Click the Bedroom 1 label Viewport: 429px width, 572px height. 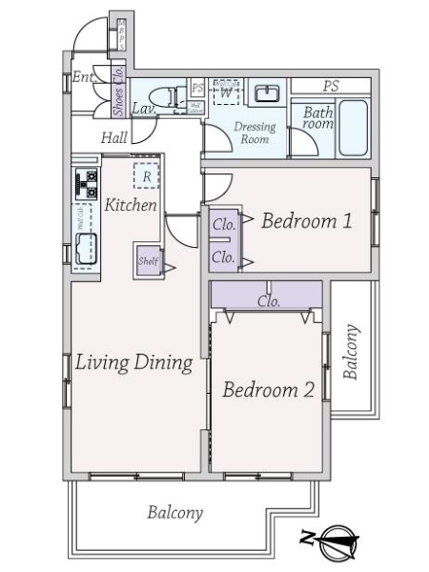tap(307, 222)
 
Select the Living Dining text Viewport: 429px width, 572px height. tap(133, 363)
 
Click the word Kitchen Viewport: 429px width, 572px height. tap(131, 205)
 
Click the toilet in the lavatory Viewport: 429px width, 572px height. tap(171, 96)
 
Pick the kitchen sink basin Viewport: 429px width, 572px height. tap(90, 249)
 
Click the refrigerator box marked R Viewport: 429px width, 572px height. tap(146, 175)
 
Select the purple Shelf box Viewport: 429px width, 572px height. tap(148, 259)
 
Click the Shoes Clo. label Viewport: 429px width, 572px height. tap(117, 87)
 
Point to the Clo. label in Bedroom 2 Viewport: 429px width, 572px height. tap(268, 300)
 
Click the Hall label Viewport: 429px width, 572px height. tap(113, 138)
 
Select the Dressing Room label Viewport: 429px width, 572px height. tap(255, 133)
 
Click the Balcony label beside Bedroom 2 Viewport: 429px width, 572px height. tap(352, 353)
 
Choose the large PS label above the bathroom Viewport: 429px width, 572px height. tap(330, 86)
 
